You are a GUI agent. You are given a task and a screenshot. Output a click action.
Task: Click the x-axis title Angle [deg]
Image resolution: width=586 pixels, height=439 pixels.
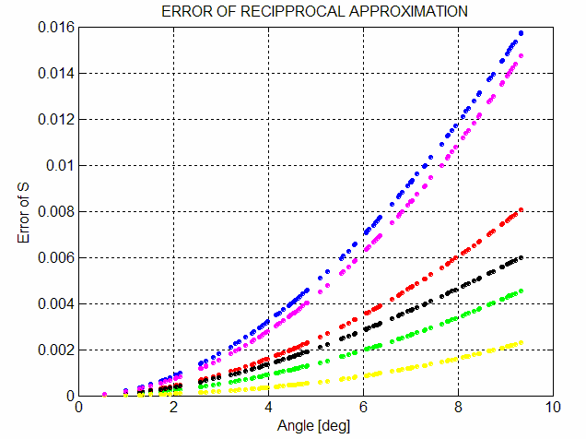pos(315,426)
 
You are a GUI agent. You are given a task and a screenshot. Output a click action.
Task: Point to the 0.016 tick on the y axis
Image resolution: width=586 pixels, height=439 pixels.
pos(55,27)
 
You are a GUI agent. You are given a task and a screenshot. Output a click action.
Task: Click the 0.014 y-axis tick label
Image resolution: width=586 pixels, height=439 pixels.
pos(55,73)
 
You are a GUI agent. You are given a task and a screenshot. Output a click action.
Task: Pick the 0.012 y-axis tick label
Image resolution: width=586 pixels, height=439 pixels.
pos(55,119)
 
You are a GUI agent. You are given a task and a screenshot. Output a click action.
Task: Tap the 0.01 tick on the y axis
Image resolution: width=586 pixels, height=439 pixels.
pos(59,165)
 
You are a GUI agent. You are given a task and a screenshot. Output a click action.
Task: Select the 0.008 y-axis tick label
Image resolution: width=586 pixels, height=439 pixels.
pos(55,211)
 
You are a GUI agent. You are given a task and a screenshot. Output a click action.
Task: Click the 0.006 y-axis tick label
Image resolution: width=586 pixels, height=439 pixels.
pos(55,257)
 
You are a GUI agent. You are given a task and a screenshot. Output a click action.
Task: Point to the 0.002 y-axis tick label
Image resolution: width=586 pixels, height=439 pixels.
pos(55,350)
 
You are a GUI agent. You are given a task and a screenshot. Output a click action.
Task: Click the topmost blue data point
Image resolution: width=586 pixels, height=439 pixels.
pos(522,33)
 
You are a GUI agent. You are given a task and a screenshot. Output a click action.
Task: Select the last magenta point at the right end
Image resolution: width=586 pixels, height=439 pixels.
pos(522,55)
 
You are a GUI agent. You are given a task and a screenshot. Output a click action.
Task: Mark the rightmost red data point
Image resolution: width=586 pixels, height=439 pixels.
pos(522,210)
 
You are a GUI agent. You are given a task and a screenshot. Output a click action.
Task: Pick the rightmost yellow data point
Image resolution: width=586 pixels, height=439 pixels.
pos(522,343)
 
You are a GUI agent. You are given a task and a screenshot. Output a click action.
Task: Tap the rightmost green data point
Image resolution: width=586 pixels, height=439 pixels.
pos(522,291)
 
